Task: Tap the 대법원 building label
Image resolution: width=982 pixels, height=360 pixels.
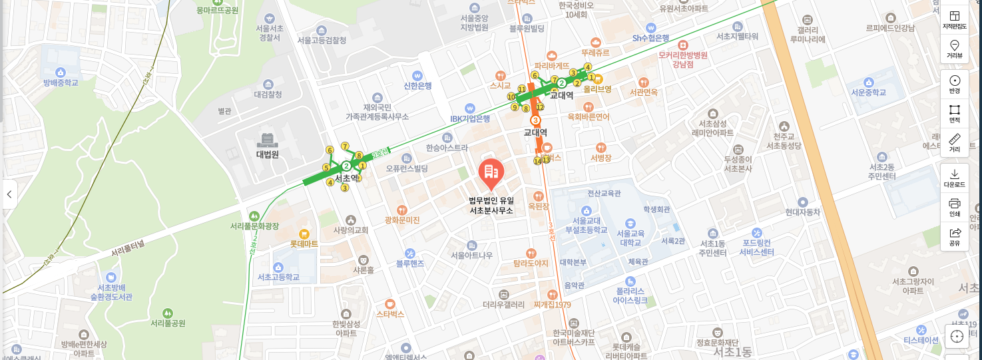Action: [x=267, y=154]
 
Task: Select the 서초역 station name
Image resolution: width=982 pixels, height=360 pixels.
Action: [x=346, y=178]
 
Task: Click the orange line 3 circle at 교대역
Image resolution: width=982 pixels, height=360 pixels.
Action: [x=535, y=120]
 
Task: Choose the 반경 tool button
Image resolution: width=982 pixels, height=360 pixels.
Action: [x=954, y=84]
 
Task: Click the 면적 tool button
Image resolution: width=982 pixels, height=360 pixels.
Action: [x=954, y=113]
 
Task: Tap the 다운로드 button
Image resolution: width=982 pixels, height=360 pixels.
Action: [x=954, y=178]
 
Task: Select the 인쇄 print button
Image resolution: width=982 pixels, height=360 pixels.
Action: [x=954, y=207]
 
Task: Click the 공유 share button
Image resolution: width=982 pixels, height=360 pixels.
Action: [x=954, y=236]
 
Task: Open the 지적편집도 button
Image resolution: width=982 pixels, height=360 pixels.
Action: [x=954, y=20]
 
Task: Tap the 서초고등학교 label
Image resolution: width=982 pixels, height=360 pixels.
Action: [x=278, y=277]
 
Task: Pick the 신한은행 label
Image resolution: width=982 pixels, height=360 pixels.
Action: [x=417, y=85]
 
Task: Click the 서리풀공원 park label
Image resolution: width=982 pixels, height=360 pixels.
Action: [x=168, y=323]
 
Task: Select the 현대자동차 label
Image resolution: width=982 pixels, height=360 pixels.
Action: [x=802, y=212]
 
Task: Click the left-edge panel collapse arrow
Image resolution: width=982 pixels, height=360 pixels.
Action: [x=9, y=194]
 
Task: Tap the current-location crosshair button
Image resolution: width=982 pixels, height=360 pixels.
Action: [x=957, y=336]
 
